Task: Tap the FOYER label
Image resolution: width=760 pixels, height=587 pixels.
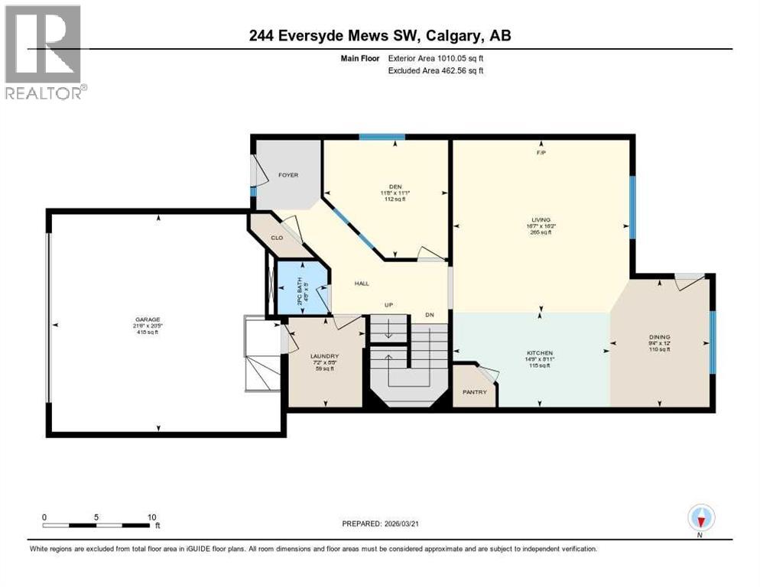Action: click(x=287, y=175)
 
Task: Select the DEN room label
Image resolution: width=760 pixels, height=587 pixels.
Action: click(x=395, y=186)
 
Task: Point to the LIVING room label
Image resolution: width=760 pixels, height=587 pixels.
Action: click(x=541, y=219)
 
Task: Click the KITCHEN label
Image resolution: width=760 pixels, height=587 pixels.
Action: click(x=540, y=353)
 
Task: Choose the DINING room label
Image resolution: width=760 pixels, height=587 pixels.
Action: click(x=659, y=337)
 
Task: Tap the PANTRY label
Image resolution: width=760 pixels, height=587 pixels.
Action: click(x=474, y=392)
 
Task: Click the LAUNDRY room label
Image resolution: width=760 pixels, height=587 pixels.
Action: click(x=324, y=356)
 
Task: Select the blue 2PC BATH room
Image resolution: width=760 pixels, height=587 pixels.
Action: click(x=301, y=290)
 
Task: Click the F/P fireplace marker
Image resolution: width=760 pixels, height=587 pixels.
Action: click(x=541, y=153)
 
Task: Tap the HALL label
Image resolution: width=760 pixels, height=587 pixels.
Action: click(x=362, y=284)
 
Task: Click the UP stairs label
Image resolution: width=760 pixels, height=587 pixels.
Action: click(x=388, y=305)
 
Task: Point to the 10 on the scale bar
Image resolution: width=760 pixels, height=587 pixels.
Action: click(x=151, y=517)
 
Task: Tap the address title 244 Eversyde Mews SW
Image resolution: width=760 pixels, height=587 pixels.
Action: click(x=379, y=35)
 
